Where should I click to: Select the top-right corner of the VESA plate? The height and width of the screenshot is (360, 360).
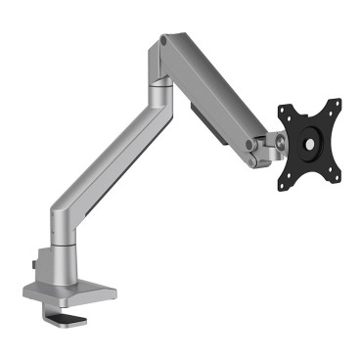[x=337, y=103]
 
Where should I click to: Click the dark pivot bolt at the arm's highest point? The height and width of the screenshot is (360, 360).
[x=162, y=42]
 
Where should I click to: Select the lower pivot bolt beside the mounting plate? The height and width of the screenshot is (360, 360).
[x=252, y=151]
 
